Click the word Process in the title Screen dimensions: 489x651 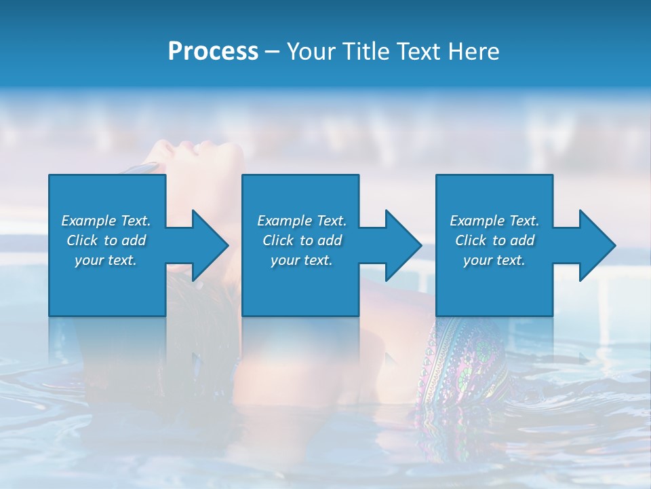(213, 52)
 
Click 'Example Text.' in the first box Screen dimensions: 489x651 (106, 221)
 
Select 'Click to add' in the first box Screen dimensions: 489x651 (106, 240)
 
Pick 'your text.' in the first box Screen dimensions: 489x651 (106, 260)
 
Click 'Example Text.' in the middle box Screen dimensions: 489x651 (302, 221)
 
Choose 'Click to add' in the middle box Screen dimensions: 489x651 (302, 240)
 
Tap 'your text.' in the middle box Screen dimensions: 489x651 (302, 260)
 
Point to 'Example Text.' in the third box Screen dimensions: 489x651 (494, 221)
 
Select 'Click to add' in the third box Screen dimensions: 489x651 (494, 240)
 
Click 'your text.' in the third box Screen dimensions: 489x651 (494, 260)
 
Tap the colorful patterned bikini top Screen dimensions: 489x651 (461, 360)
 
